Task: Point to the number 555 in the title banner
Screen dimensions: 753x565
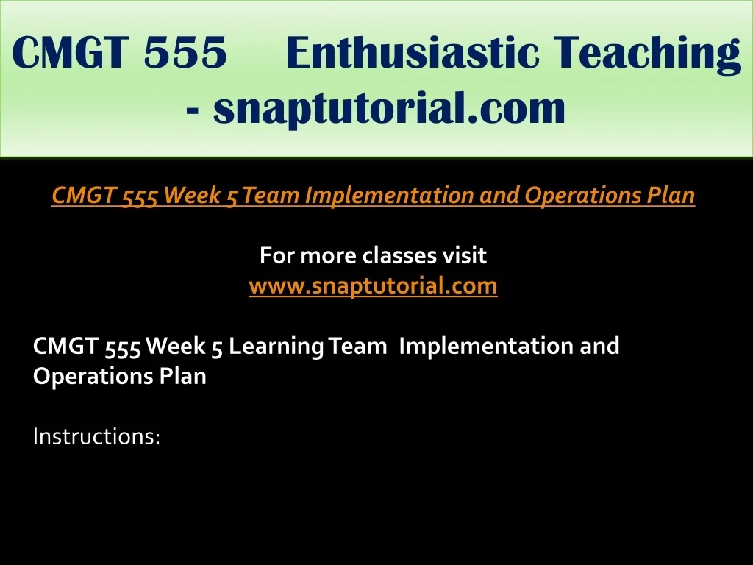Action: [x=185, y=52]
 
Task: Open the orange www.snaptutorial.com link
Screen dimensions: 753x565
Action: [x=373, y=286]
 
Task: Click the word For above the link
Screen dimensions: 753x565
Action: [x=276, y=255]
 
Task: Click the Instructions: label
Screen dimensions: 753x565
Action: [x=96, y=436]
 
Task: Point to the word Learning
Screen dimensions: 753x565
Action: [x=276, y=347]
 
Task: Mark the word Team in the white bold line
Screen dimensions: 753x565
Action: [x=358, y=346]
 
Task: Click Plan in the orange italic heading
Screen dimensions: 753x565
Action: [x=671, y=195]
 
